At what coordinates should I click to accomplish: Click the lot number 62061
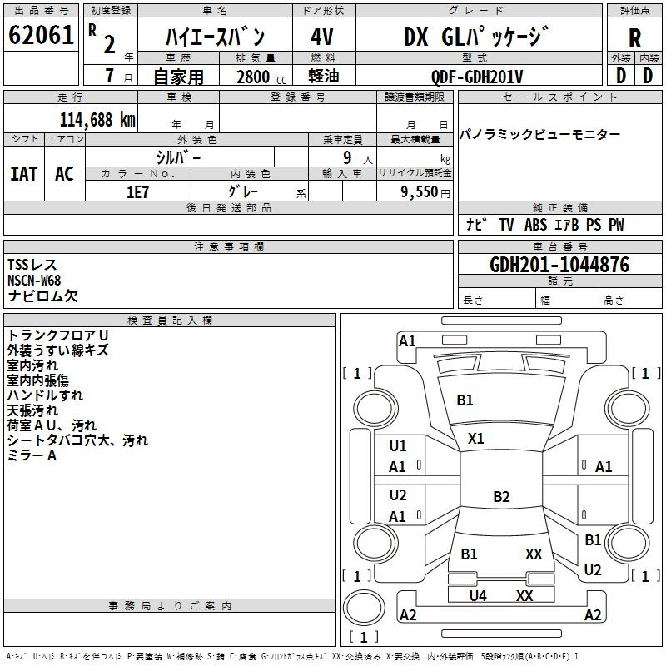point(41,35)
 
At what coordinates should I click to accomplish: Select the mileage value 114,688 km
point(97,120)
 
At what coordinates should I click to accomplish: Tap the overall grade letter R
point(634,38)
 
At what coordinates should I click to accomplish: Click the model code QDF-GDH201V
point(476,77)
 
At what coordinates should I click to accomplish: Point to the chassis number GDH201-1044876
point(559,265)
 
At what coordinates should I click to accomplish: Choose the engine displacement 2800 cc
point(261,77)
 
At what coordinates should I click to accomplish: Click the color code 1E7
point(137,192)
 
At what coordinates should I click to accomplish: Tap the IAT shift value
point(24,174)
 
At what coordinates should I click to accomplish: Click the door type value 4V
point(322,37)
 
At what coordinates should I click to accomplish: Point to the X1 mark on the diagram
point(475,439)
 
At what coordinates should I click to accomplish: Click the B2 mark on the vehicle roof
point(501,496)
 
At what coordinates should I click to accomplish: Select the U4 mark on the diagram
point(478,596)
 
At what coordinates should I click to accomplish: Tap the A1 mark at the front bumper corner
point(407,341)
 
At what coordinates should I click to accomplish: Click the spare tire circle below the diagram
point(364,608)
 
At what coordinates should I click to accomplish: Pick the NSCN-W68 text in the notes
point(34,281)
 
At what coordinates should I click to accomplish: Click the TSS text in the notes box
point(17,265)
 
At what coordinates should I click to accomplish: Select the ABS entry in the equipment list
point(535,225)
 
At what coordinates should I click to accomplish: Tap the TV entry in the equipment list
point(506,225)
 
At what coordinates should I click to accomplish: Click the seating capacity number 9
point(347,157)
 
